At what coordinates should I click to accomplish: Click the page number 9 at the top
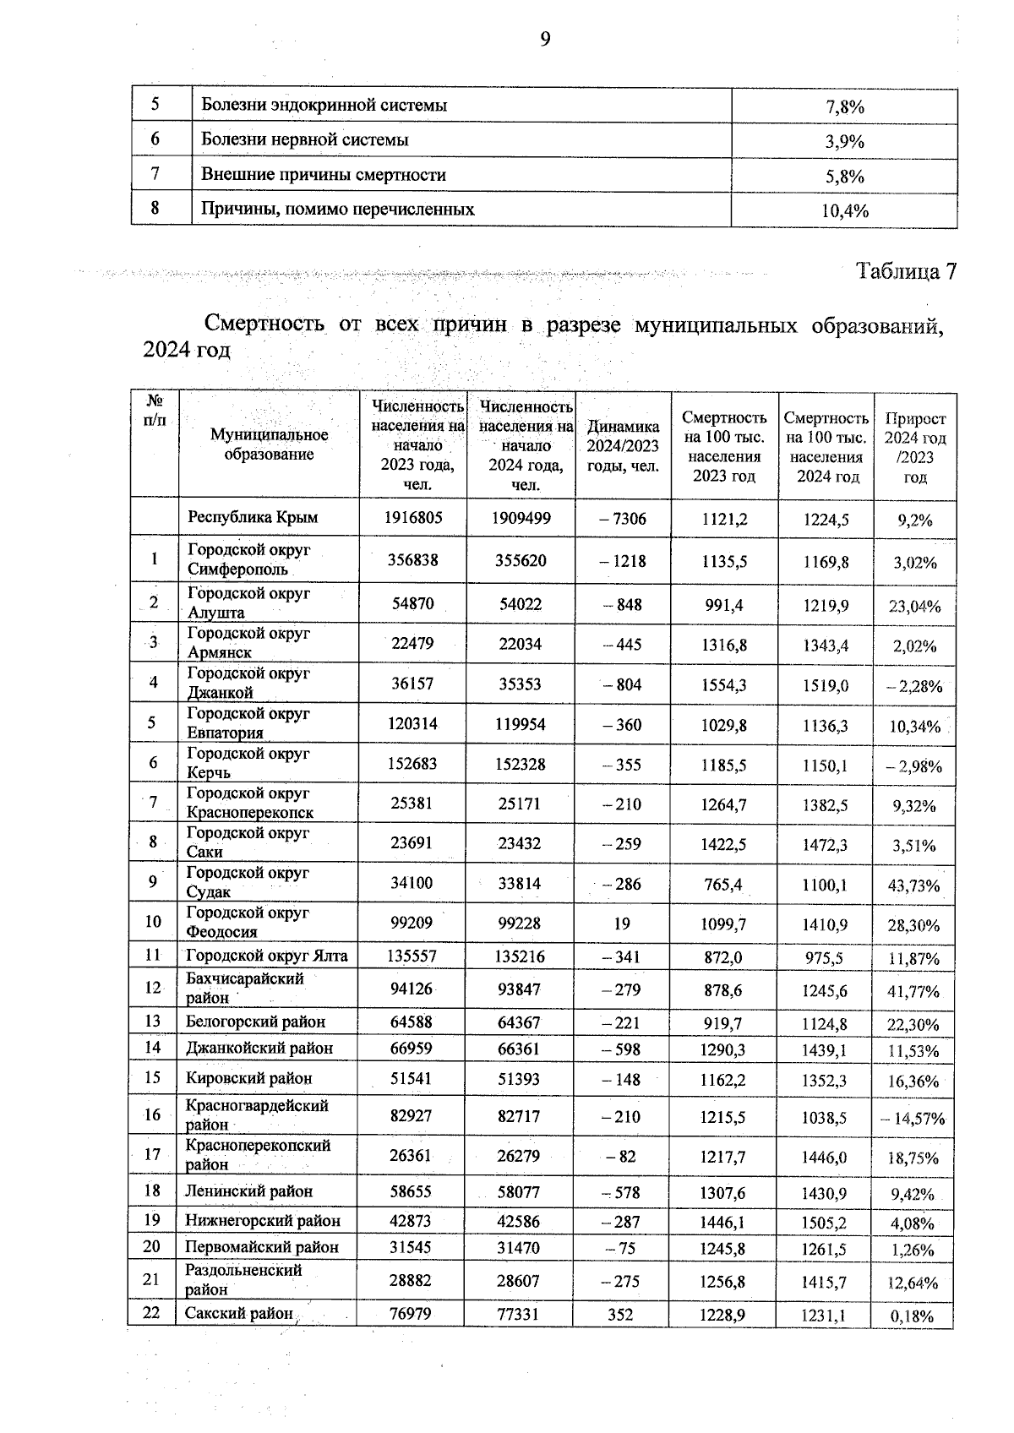click(545, 39)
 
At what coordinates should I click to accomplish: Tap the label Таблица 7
click(906, 272)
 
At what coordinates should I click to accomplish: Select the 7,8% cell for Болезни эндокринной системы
click(844, 107)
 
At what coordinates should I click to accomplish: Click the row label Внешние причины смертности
click(323, 175)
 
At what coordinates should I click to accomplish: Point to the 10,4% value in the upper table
click(844, 211)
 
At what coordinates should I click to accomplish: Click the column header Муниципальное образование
click(269, 444)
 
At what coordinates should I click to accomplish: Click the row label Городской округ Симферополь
click(248, 559)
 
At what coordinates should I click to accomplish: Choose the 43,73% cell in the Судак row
click(913, 885)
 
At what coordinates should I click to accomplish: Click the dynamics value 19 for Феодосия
click(622, 924)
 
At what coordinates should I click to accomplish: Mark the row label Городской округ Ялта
click(266, 956)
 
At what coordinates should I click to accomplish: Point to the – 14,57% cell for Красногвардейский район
click(913, 1119)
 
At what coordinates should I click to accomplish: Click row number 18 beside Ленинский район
click(152, 1191)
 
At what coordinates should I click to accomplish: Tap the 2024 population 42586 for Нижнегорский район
click(518, 1222)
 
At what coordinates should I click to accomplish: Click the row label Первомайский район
click(262, 1247)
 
